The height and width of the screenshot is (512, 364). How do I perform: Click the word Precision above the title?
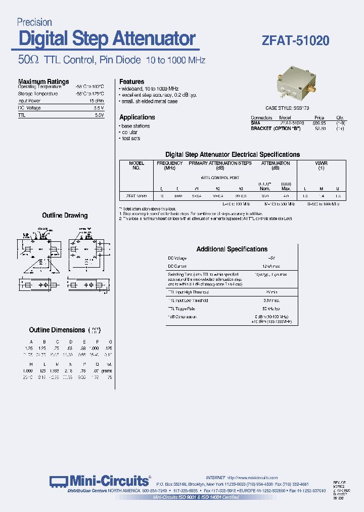pos(34,22)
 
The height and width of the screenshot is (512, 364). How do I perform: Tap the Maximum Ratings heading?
pos(43,81)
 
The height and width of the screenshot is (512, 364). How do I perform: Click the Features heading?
pos(131,81)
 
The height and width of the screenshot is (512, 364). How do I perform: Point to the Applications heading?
pos(137,117)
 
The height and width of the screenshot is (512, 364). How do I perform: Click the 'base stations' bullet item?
pos(135,126)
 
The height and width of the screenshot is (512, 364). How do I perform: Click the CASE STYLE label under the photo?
pos(287,108)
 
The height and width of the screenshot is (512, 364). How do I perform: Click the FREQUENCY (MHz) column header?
pos(169,165)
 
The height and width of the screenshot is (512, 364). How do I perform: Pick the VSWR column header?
pos(321,163)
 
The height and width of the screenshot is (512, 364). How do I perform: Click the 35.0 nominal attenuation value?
pos(265,195)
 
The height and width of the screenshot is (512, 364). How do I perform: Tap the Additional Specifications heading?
pos(232,249)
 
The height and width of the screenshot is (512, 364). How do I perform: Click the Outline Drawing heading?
pos(65,216)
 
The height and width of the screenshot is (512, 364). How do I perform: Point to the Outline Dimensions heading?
pos(57,330)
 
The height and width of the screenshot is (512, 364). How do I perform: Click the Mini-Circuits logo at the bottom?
pos(100,481)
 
